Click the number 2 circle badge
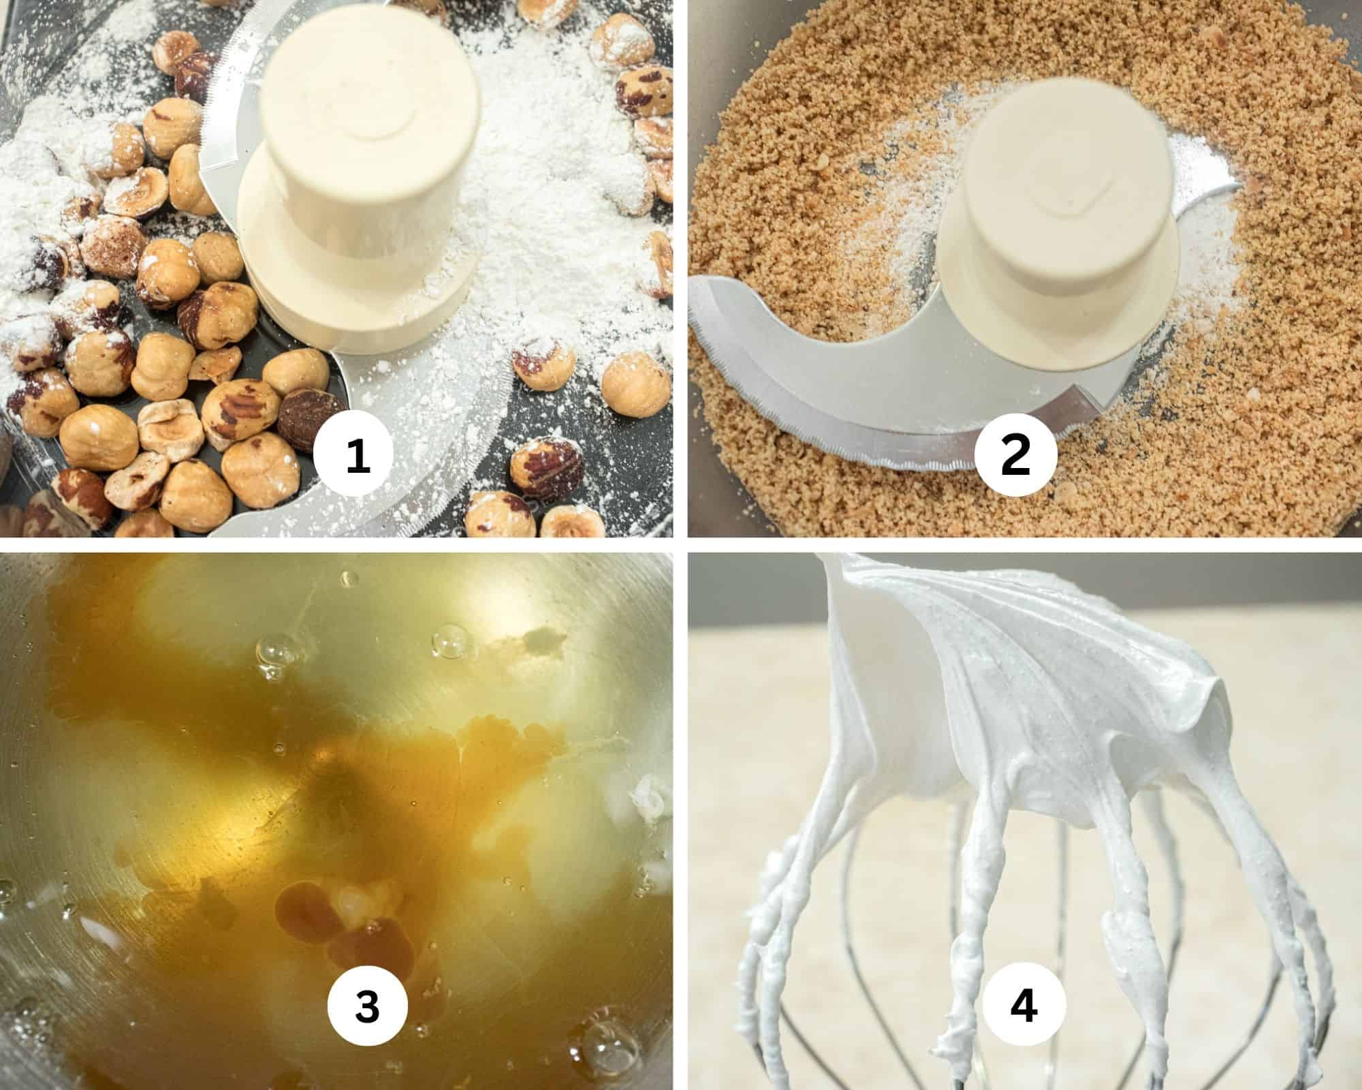coord(1015,456)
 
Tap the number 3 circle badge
coord(367,1006)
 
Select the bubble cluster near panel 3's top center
coord(449,640)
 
